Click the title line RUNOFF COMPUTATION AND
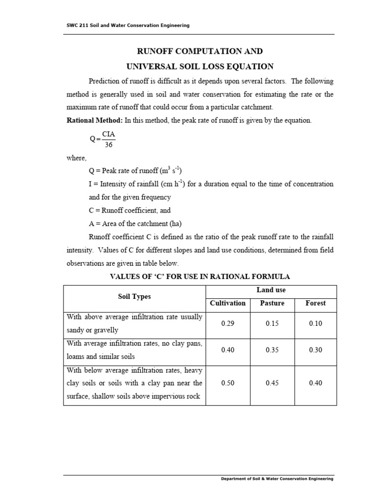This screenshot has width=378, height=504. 199,51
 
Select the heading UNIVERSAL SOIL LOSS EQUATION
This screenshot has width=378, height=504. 199,66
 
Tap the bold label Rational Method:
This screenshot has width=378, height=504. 94,120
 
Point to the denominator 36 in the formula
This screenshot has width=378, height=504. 109,145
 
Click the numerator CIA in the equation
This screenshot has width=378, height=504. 109,134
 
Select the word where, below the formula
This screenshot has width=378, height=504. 76,158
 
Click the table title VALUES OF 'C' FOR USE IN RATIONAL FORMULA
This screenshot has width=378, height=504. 199,276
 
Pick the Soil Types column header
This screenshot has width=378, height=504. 134,296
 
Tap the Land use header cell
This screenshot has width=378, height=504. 271,290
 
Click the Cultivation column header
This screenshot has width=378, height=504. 227,303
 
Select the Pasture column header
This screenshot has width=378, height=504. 272,303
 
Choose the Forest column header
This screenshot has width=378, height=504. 315,303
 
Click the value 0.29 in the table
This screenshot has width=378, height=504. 228,324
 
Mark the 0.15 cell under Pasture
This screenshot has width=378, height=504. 272,324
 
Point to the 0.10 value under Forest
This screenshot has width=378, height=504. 315,324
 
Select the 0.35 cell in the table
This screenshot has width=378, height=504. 272,350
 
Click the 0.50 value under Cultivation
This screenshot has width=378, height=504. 228,383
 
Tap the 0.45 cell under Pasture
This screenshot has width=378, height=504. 272,383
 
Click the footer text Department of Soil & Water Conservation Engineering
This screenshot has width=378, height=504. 277,478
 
